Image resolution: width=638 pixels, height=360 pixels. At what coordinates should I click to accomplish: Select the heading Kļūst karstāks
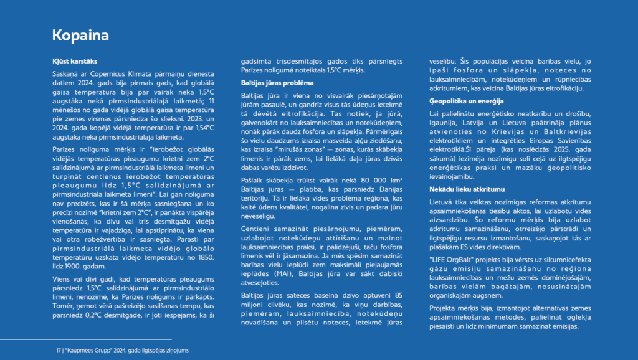pyautogui.click(x=74, y=61)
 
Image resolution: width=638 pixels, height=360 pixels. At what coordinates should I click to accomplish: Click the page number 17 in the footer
pyautogui.click(x=58, y=351)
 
